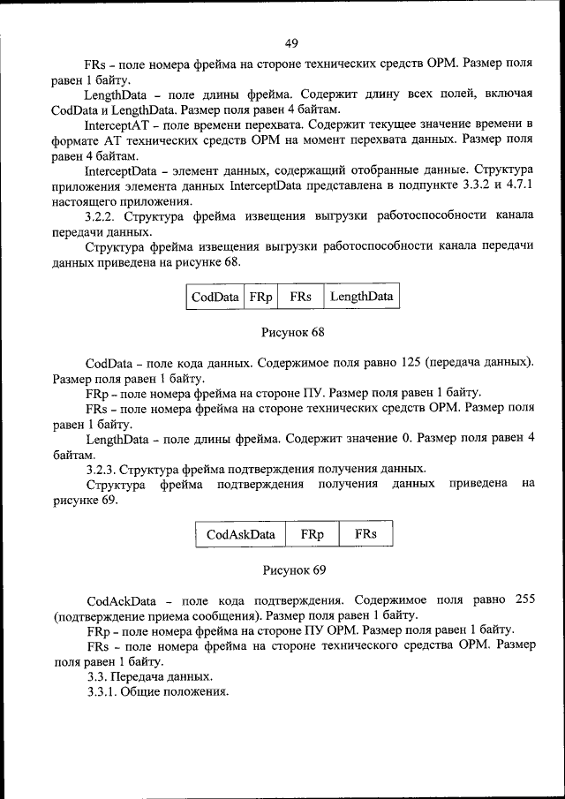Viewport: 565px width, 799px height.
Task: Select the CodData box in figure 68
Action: coord(215,297)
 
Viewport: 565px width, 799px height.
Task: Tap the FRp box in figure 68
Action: coord(260,297)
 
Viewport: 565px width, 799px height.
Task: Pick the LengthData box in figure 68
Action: coord(361,297)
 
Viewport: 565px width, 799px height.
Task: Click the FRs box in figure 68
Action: coord(300,297)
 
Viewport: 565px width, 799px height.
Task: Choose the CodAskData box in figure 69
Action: coord(240,534)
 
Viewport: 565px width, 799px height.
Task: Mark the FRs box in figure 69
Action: coord(366,534)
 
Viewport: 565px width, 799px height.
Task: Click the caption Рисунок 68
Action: coord(293,332)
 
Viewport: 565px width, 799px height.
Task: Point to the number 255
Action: coord(523,600)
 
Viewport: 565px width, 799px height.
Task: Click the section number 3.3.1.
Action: coord(104,691)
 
